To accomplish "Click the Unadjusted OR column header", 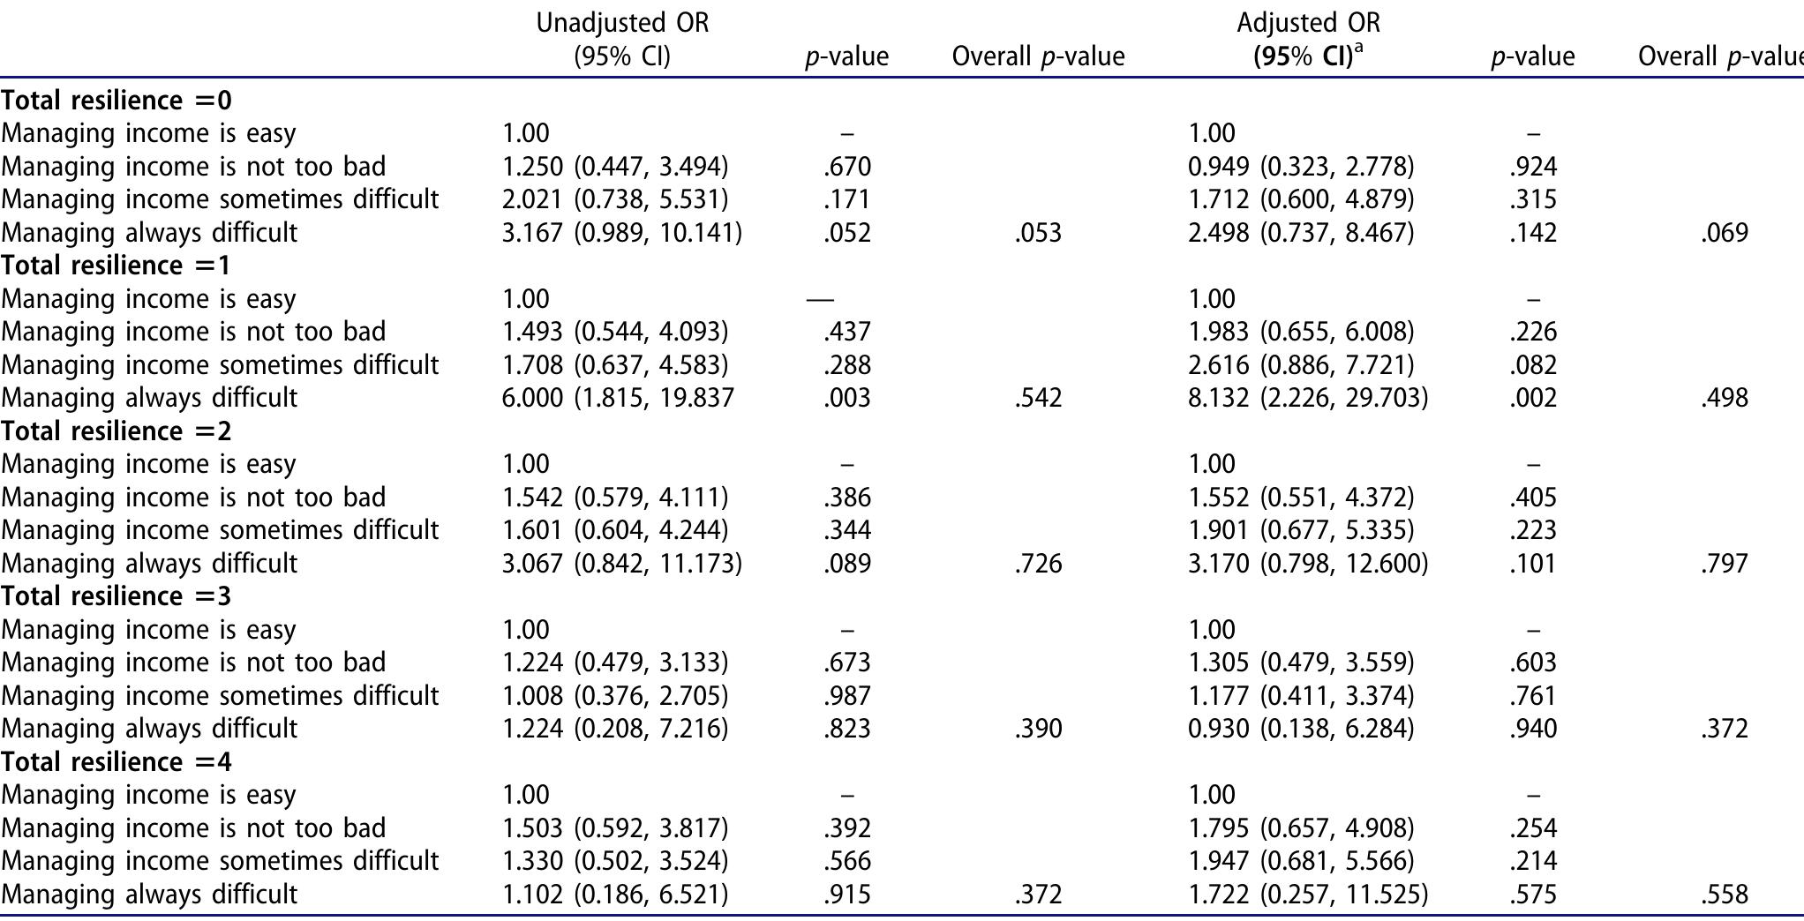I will coord(622,39).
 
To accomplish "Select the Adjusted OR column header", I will coord(1308,39).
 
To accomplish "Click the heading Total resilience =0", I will coord(117,101).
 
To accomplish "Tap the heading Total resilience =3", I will coord(117,596).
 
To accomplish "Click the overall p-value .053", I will coord(1038,233).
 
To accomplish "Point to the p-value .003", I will coord(846,398).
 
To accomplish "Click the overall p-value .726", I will coord(1038,564).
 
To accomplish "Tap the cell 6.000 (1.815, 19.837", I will coord(618,398).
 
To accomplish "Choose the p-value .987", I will coord(846,696).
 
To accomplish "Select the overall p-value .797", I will coord(1724,564).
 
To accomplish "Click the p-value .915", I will coord(846,895).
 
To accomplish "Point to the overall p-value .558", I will coord(1724,895).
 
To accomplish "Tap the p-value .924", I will coord(1533,167).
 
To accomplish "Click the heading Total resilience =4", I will coord(117,762).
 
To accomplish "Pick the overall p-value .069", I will coord(1724,233).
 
